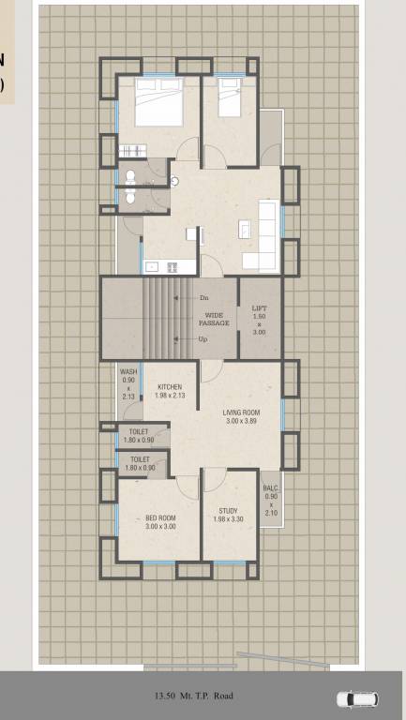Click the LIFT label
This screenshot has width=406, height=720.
[x=260, y=307]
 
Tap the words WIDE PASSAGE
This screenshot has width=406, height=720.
[x=215, y=319]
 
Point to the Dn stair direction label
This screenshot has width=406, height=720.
[x=203, y=297]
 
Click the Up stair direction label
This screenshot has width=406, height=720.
[x=203, y=339]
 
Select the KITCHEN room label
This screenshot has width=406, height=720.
[x=170, y=387]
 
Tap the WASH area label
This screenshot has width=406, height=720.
[x=128, y=372]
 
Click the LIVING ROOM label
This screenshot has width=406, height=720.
[x=241, y=412]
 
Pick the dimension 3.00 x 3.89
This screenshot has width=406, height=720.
[x=241, y=422]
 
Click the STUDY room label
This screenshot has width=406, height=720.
[x=229, y=511]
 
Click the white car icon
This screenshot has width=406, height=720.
[x=357, y=698]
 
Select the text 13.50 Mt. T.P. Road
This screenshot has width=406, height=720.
[x=194, y=697]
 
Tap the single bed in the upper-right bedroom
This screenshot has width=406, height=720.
[x=231, y=97]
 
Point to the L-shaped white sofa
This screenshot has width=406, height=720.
[x=265, y=234]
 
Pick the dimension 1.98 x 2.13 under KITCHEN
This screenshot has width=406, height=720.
[x=170, y=396]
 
